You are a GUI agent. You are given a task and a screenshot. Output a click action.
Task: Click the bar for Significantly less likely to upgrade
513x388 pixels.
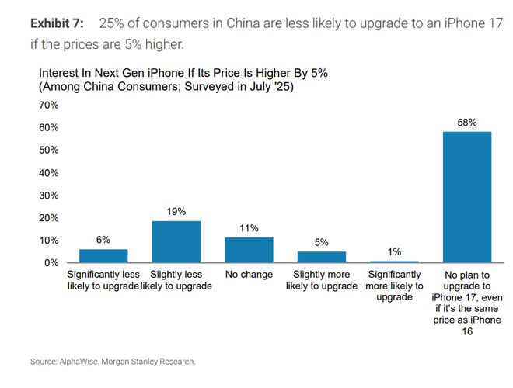103,256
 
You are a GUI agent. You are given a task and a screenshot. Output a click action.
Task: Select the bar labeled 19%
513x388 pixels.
176,242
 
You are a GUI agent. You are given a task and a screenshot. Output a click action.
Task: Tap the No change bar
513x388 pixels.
249,250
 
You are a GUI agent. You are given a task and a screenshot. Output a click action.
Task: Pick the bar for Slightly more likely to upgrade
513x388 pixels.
321,257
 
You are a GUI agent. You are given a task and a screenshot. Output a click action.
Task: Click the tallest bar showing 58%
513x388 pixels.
466,197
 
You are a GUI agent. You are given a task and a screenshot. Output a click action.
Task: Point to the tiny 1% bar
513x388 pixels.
393,262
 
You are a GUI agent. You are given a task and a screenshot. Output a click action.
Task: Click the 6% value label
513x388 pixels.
103,241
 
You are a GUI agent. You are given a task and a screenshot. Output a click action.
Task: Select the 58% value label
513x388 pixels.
466,123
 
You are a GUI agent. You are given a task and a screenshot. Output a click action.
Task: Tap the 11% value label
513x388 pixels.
249,228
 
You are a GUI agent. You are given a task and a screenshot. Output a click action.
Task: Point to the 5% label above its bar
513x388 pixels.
321,242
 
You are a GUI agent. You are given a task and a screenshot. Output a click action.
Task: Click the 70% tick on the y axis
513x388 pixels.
49,105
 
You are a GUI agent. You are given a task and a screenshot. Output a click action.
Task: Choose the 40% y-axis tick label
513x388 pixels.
49,172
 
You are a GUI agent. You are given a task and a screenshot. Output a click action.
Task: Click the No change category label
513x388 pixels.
249,275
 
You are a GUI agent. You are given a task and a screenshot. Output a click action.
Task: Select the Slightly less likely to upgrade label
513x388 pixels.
176,280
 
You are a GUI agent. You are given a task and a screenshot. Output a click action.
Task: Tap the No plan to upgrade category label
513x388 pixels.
466,303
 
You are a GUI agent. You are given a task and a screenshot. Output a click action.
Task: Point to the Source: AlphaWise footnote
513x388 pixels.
113,362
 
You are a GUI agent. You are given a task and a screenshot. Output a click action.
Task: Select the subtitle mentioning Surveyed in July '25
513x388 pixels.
166,88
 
